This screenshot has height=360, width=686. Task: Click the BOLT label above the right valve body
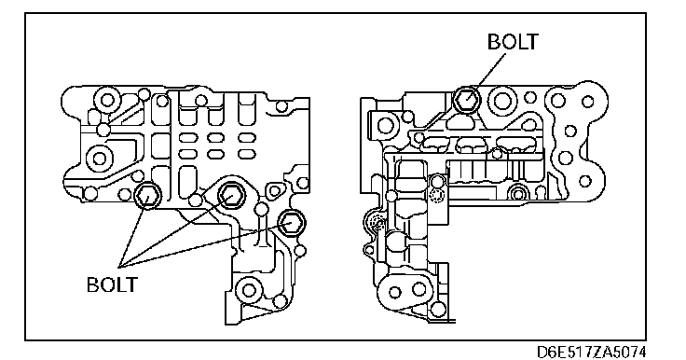(x=513, y=42)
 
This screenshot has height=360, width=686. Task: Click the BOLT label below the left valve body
(x=112, y=284)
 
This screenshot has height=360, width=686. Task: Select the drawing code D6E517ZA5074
(x=591, y=352)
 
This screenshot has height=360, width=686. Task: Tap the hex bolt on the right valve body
(x=466, y=99)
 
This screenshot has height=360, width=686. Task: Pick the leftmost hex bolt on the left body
(x=147, y=196)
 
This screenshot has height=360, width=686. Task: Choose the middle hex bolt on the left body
(x=229, y=193)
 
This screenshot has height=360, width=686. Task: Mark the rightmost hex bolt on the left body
(x=291, y=223)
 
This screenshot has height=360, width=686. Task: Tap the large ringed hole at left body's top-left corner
(x=107, y=100)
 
